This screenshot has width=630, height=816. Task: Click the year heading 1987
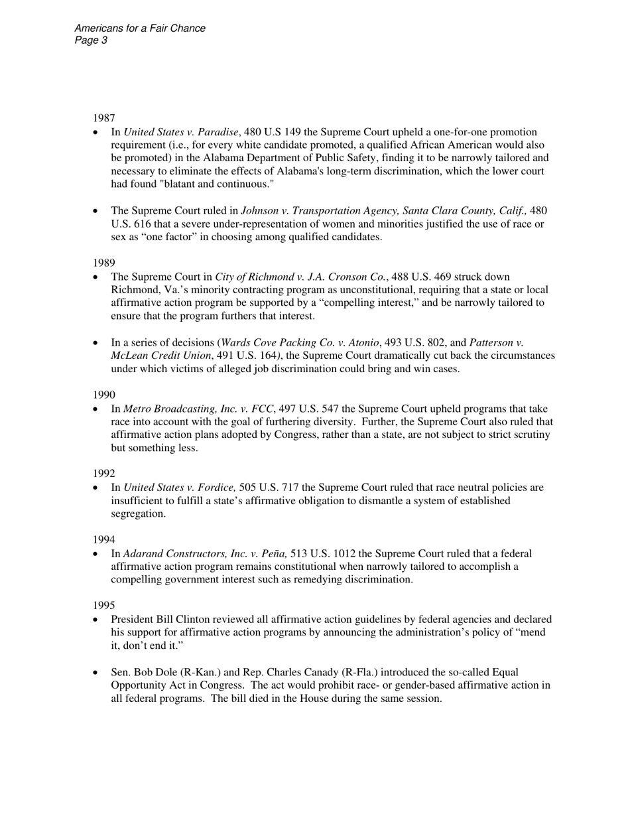[103, 118]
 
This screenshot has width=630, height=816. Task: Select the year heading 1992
[103, 474]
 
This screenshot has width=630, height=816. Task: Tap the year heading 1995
[103, 605]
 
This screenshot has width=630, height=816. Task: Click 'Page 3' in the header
[92, 40]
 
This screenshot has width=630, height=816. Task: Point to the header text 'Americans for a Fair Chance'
[140, 29]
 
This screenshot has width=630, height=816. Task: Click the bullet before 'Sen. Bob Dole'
[97, 673]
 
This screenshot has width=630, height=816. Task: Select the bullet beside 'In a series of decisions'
[97, 344]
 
